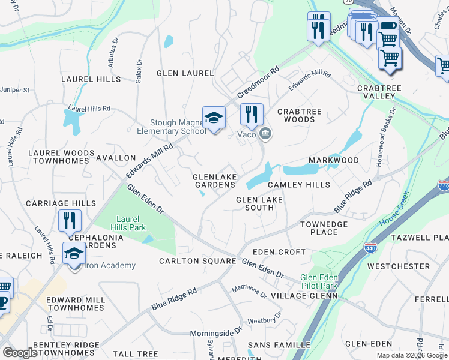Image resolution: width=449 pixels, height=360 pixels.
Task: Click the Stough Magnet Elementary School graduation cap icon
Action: (214, 117)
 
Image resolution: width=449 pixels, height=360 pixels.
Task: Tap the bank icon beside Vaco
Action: (265, 133)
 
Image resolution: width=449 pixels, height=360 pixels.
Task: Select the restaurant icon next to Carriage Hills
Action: (70, 220)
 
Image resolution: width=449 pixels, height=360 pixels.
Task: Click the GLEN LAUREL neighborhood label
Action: (185, 73)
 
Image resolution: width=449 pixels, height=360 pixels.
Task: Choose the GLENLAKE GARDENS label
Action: (214, 181)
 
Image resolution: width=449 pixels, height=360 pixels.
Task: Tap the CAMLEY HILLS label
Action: (299, 185)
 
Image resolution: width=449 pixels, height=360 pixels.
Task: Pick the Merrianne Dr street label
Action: (249, 292)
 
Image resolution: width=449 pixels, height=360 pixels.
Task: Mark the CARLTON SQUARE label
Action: (197, 261)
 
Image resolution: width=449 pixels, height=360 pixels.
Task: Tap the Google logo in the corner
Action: (20, 353)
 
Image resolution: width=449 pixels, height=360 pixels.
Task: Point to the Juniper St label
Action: (15, 90)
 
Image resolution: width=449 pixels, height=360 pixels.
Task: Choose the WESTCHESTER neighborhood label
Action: (399, 266)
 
